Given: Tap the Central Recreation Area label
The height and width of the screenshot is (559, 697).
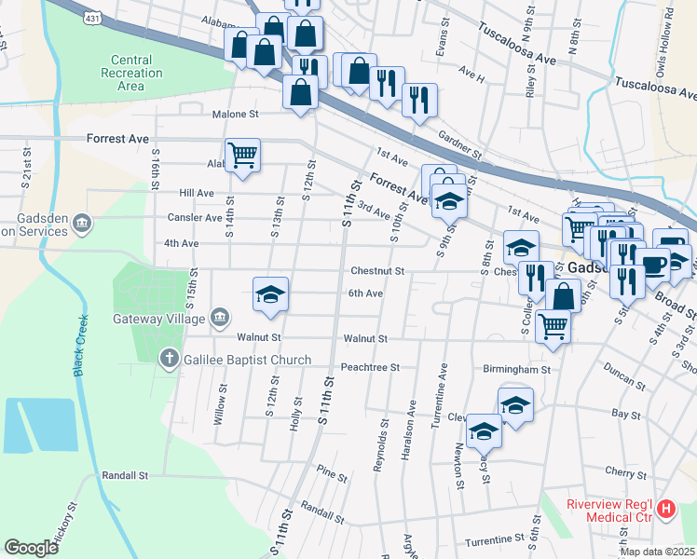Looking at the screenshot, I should pos(130,73).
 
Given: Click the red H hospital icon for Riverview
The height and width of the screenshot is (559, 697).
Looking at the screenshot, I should pos(666,510).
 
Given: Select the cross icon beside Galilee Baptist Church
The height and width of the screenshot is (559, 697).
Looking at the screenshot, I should pos(169,358).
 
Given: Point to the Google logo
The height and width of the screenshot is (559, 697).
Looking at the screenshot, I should pos(32,547).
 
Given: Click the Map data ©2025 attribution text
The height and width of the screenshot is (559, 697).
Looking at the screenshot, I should pos(653,552).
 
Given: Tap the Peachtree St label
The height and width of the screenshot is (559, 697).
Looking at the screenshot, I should pos(370,367).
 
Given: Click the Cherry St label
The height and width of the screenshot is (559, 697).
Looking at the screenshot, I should pos(625,473).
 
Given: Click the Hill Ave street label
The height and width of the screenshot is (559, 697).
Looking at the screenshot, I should pos(196,193).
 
